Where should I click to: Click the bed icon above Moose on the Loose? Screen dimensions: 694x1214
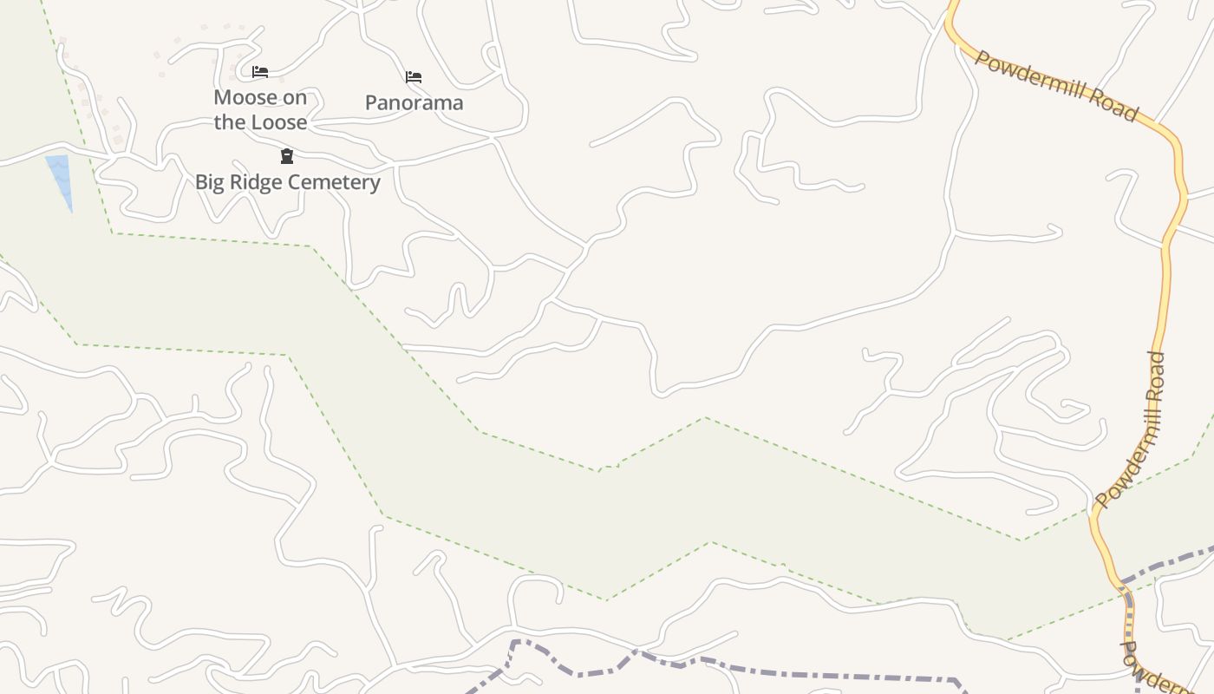(x=260, y=72)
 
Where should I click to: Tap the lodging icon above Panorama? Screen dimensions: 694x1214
(x=414, y=77)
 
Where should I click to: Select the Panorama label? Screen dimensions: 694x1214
(x=414, y=102)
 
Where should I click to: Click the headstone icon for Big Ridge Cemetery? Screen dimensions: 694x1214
(x=287, y=156)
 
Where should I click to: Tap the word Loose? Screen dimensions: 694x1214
(x=278, y=122)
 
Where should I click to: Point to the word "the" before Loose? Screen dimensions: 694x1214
(x=230, y=122)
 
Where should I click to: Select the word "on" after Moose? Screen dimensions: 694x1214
(x=295, y=97)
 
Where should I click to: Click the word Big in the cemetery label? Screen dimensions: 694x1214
(x=211, y=182)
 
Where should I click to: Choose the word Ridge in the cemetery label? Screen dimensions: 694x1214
(x=258, y=182)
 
